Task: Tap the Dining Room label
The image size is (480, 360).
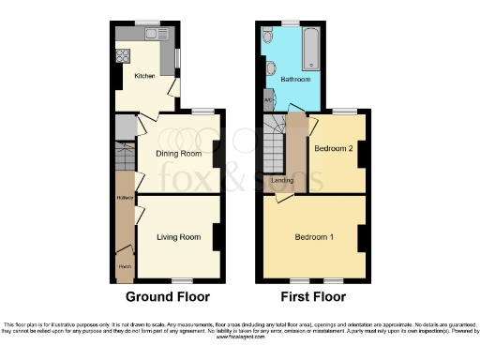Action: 178,153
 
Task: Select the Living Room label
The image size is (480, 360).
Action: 178,237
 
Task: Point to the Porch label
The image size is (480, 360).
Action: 124,265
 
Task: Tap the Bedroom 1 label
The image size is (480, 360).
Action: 313,235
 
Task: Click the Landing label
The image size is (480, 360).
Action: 281,180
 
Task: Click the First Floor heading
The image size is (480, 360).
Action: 313,297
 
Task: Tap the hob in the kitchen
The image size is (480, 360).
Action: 122,54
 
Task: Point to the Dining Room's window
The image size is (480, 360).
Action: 200,112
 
